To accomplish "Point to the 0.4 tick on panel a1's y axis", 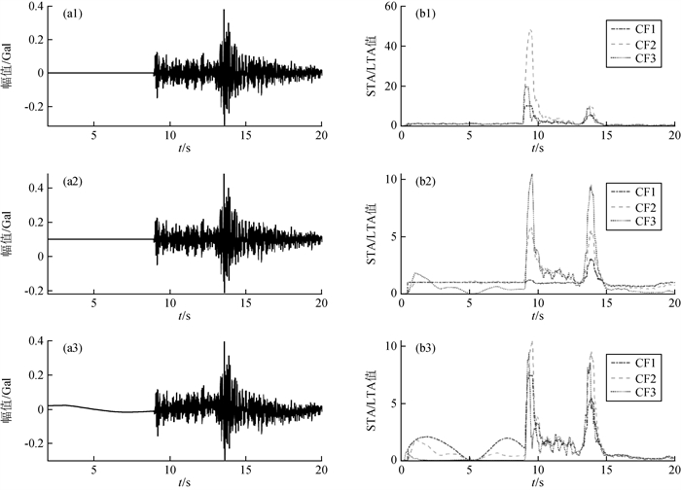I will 34,7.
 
